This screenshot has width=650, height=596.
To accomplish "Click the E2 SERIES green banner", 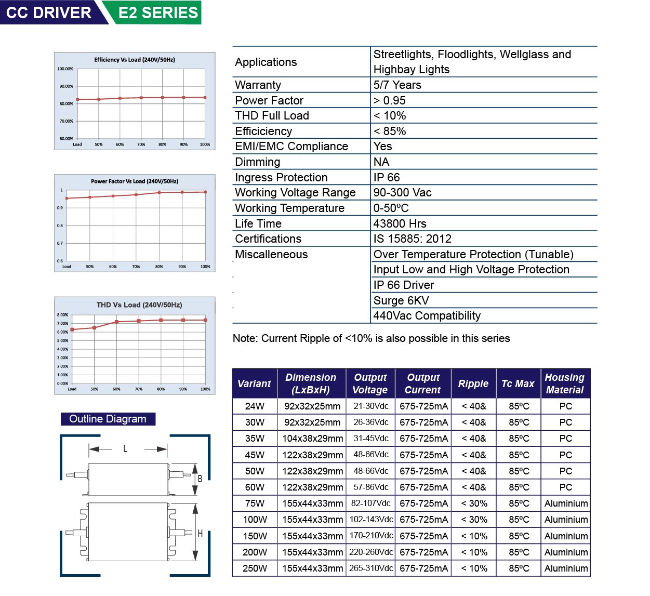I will pos(158,12).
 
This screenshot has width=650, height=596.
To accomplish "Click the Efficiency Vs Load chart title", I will pos(135,60).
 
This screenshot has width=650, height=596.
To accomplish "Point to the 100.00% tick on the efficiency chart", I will pos(65,69).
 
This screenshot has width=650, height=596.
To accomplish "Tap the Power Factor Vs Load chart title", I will pos(135,181).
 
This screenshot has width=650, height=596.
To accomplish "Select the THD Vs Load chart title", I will pos(139,305).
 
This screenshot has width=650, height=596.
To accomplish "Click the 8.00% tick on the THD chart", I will pos(62,315).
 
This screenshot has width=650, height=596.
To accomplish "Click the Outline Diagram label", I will pos(108,419).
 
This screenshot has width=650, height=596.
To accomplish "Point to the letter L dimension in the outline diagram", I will pos(125,448).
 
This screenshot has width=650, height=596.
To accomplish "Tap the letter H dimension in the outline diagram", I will pos(200,534).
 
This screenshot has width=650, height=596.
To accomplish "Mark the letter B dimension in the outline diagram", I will pos(200,479).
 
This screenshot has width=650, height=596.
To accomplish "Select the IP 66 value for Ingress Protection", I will pos(387,178).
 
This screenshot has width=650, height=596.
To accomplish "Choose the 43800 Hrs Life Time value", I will pos(400,224).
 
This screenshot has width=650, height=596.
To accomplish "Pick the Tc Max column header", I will pos(518,383).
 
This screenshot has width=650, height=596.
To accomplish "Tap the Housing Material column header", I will pos(565,383).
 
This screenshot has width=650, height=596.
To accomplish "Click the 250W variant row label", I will pos(255,568).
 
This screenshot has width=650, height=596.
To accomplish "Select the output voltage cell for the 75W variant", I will pos(370,504).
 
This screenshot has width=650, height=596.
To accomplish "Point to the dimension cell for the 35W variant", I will pos(312,439).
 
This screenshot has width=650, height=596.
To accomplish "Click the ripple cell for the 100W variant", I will pos(474,520).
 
